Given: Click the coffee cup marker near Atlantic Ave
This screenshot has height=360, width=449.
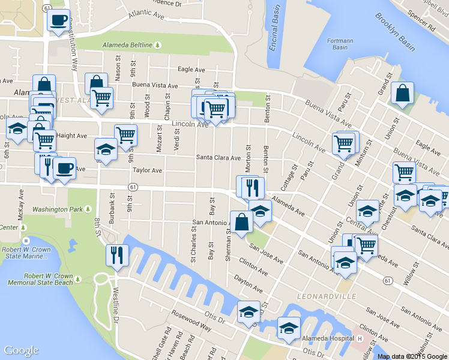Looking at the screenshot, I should click(59, 21).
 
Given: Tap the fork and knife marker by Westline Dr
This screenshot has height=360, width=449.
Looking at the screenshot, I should click(116, 255).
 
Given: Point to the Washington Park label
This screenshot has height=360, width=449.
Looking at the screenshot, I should click(57, 209).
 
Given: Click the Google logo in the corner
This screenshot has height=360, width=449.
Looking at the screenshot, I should click(21, 350).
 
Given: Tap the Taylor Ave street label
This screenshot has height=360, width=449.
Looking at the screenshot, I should click(148, 170).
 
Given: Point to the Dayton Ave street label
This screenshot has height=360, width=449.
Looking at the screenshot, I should click(250, 280).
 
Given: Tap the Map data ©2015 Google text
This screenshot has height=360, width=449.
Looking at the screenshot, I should click(412, 356).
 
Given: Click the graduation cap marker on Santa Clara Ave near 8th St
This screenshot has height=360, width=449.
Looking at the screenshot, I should click(106, 150).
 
